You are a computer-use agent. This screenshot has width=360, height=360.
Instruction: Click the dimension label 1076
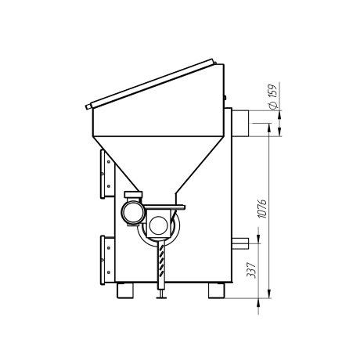pos(261,209)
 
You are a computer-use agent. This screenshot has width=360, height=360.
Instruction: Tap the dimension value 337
pos(251,270)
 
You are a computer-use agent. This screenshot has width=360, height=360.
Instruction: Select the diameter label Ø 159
pos(272,96)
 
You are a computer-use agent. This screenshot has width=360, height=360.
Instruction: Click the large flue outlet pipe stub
pos(240,123)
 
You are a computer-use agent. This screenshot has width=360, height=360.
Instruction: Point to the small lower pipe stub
pos(240,243)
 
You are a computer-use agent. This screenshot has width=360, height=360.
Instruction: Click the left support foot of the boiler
pos(124,290)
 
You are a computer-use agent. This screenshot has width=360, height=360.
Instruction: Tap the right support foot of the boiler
pos(216,290)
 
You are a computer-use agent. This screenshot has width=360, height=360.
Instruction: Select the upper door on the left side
pos(107,174)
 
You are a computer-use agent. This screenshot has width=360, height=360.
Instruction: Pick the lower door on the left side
pos(107,260)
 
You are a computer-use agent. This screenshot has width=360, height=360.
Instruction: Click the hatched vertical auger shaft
pos(162,265)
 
